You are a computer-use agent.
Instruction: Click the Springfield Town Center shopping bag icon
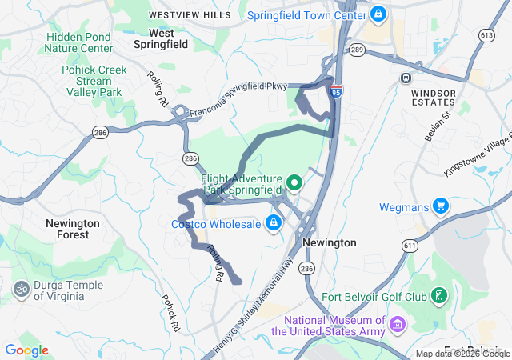tap(378, 14)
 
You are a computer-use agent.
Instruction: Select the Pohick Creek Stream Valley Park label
tap(94, 81)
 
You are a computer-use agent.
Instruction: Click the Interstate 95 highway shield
tap(338, 92)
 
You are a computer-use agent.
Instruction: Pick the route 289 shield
tap(357, 50)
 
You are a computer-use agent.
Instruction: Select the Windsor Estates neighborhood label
tap(433, 98)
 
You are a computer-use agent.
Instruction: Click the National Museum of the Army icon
tap(398, 325)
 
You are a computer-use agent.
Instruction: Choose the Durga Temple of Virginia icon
tap(21, 286)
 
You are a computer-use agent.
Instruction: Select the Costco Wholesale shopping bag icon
tap(274, 222)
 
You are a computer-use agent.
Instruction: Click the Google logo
tap(26, 350)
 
